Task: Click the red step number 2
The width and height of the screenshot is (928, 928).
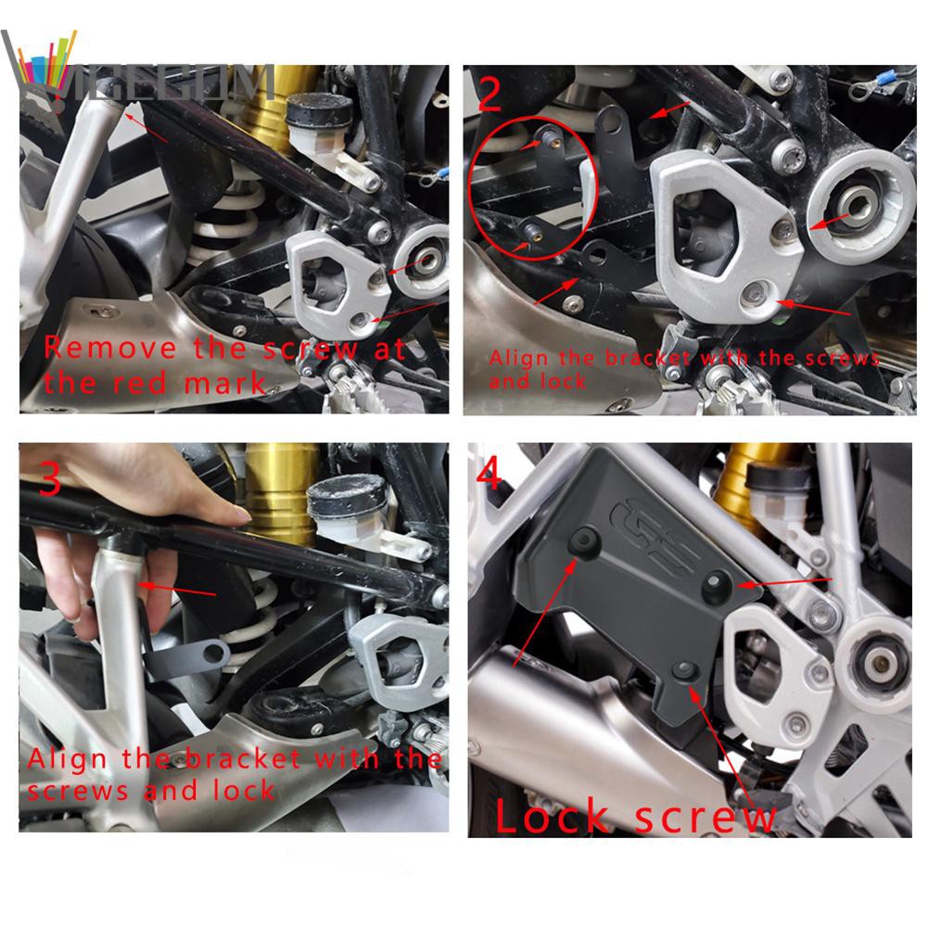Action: pyautogui.click(x=489, y=93)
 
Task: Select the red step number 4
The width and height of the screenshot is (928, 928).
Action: pyautogui.click(x=489, y=475)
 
